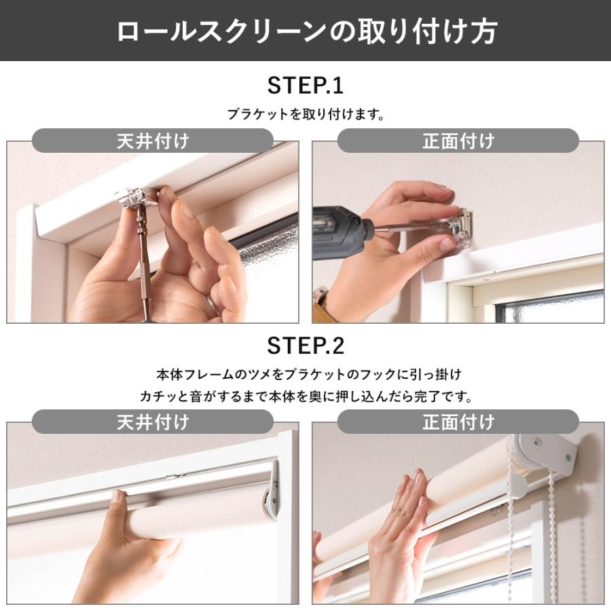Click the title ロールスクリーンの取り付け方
(305, 31)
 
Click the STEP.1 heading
(305, 86)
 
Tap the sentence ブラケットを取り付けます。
(305, 115)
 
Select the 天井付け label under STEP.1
(153, 141)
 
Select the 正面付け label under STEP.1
(458, 141)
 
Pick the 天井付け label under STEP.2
(153, 421)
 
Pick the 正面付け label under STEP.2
(458, 421)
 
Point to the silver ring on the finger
(212, 302)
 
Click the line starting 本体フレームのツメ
(305, 374)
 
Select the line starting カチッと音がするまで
(305, 395)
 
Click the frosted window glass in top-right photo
(550, 309)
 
